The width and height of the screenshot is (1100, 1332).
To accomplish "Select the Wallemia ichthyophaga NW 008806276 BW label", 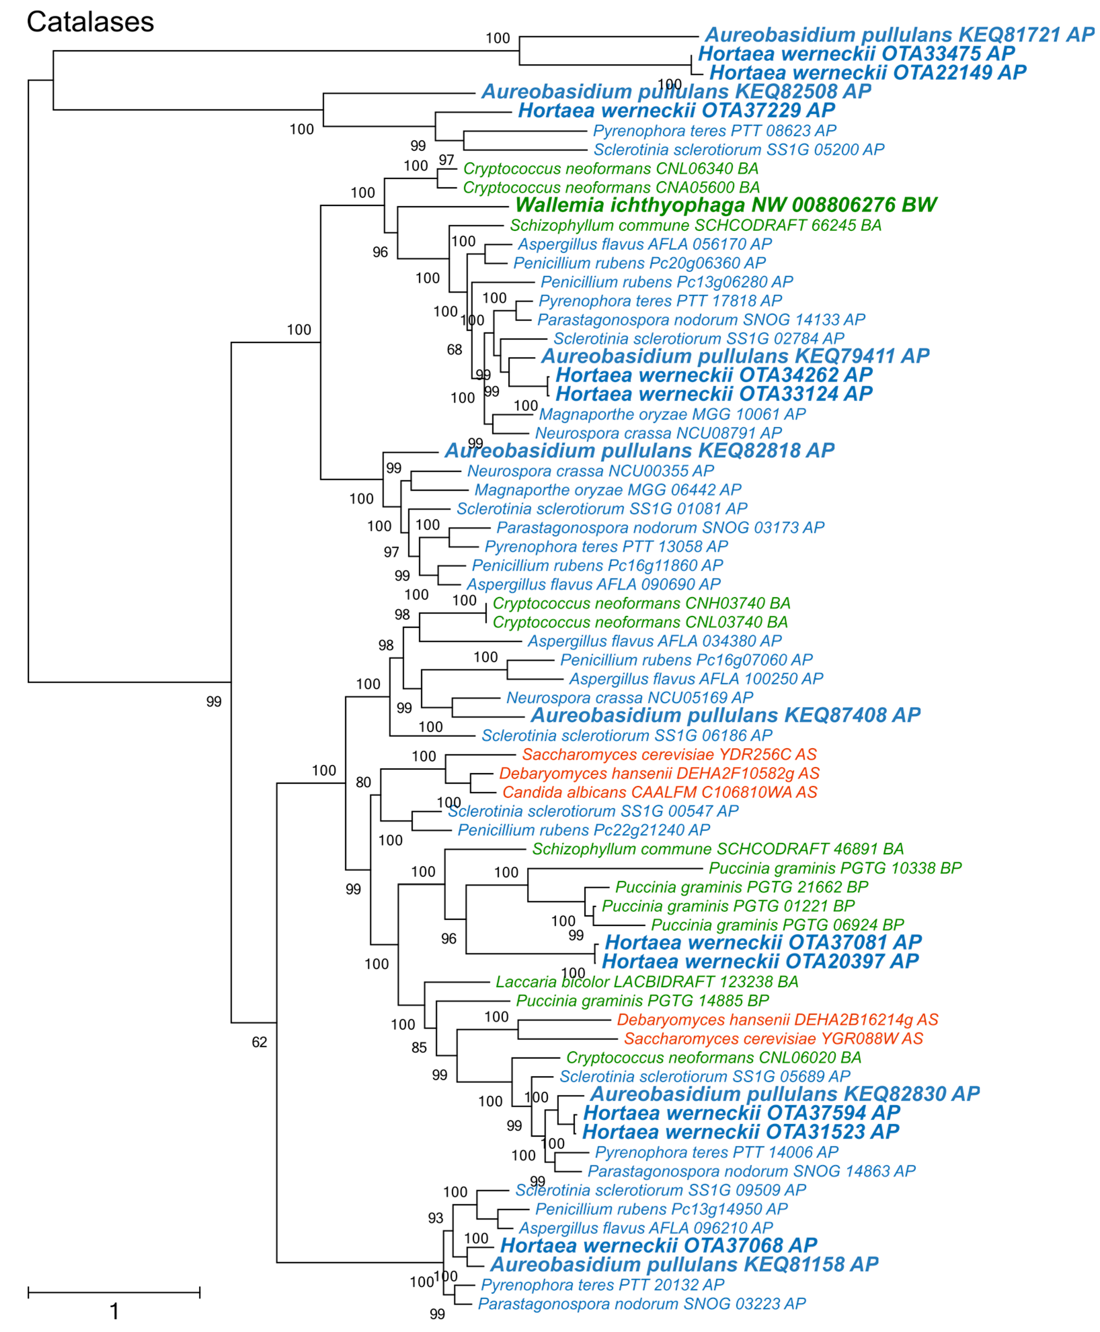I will coord(726,205).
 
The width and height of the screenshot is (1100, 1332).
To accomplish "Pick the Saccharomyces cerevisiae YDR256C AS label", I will coord(669,755).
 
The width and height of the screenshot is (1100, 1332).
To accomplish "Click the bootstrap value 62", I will coord(259,1042).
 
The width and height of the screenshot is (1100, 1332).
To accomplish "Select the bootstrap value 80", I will coord(363,782).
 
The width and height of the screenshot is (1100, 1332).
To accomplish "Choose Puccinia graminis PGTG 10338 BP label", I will coord(834,868).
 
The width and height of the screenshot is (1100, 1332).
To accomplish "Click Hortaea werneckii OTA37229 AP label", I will coord(676,111).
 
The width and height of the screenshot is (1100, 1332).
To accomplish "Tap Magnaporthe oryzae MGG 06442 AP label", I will coord(608,490).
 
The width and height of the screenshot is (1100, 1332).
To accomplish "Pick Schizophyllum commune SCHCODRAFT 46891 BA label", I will coord(717,849).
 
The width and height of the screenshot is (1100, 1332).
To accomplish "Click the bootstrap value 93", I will coord(435,1218).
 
